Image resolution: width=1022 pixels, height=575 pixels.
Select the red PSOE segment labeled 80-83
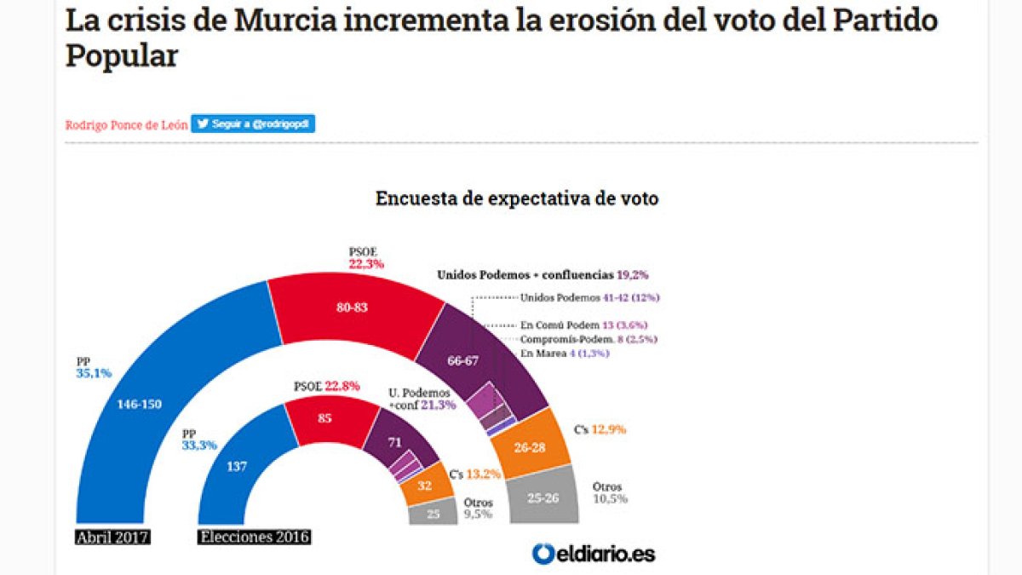coord(351,308)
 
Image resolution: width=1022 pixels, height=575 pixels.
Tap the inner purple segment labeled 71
coord(393,443)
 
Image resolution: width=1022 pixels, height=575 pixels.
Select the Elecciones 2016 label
coord(255,538)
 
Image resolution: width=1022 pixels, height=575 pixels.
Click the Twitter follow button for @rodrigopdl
coord(253,124)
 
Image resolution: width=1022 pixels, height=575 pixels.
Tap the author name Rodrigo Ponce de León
coord(126,124)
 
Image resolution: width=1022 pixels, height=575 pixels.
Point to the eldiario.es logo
coord(594,554)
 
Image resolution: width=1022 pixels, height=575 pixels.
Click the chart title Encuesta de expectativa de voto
coord(517,198)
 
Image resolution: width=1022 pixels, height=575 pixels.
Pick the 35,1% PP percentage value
coord(93,373)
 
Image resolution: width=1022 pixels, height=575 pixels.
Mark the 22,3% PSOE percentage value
coord(366,264)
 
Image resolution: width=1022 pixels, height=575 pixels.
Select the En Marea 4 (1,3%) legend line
coord(564,353)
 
